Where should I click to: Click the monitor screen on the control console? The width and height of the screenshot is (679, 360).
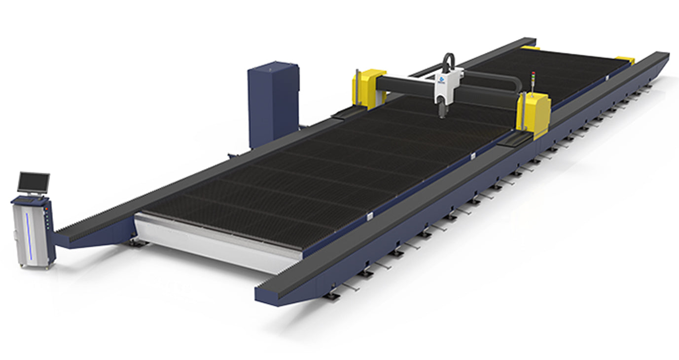coord(34,182)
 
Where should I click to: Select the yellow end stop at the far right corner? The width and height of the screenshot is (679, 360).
coord(625,60)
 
